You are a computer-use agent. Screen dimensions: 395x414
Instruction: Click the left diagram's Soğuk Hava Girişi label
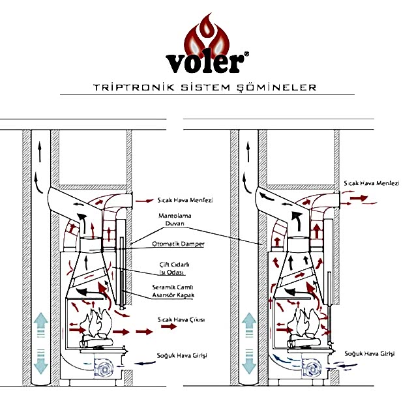coord(182,355)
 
